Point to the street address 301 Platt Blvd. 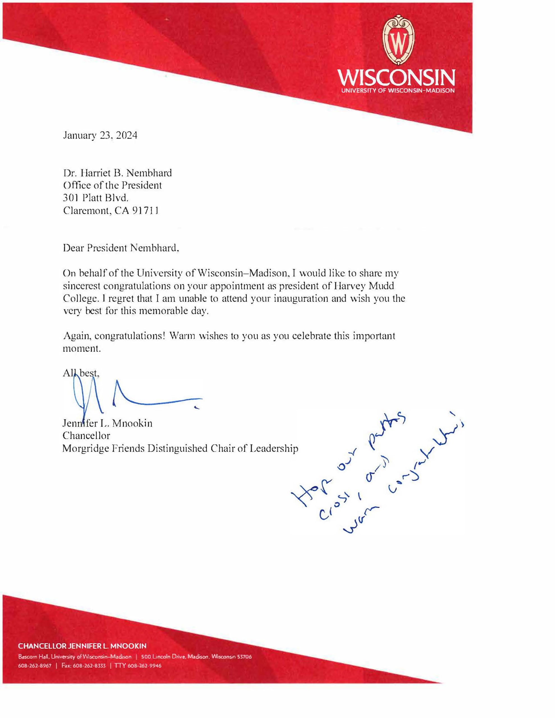pos(95,198)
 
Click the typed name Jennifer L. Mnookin pos(107,423)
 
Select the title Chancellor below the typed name pos(86,436)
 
